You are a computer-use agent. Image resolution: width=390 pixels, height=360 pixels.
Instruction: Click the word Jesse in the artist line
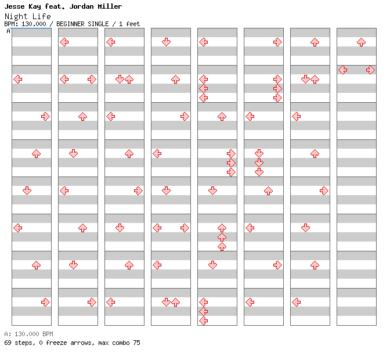[15, 6]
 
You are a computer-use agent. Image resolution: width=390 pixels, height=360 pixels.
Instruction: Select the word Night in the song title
[16, 17]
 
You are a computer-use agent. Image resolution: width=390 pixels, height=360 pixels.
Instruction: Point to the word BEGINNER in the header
[70, 24]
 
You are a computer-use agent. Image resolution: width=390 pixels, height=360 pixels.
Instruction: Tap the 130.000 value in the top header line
[34, 24]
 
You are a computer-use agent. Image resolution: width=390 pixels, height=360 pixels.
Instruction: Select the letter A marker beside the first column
[8, 31]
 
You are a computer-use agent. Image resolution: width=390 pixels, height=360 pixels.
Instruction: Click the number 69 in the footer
[8, 343]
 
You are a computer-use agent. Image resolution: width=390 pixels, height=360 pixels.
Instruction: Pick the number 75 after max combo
[136, 343]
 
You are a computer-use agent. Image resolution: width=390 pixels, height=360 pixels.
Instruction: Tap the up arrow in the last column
[361, 42]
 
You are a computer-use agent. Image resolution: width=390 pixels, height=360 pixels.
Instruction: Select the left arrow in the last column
[343, 70]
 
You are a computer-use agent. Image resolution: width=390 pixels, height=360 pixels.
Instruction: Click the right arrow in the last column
[370, 70]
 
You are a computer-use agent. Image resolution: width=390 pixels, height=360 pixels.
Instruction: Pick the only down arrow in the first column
[27, 191]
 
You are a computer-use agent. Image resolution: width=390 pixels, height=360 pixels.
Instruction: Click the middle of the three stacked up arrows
[222, 237]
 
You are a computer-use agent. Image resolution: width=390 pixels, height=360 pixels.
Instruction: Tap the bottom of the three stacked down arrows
[259, 172]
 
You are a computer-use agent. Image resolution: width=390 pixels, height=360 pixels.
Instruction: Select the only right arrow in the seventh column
[324, 191]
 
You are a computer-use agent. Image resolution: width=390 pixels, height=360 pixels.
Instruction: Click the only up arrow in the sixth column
[268, 191]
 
